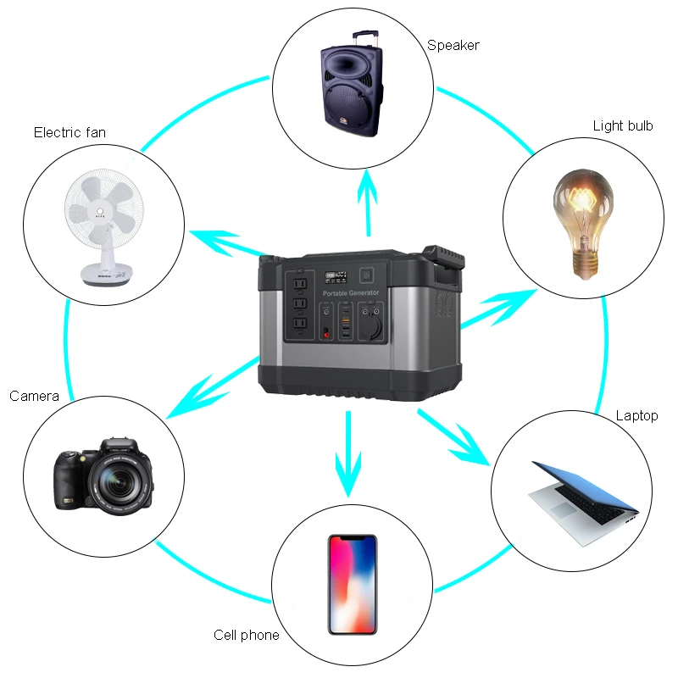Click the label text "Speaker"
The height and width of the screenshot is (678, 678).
[453, 45]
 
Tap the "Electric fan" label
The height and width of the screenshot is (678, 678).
[69, 132]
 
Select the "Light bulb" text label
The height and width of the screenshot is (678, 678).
[623, 125]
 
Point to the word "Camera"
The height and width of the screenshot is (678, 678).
[34, 396]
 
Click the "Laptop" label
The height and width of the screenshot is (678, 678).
[636, 415]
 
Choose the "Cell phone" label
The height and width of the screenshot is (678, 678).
[247, 635]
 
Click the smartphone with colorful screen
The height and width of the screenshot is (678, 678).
[353, 586]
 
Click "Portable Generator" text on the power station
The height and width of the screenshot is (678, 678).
[351, 292]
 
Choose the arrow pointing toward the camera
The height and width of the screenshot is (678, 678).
[208, 391]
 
